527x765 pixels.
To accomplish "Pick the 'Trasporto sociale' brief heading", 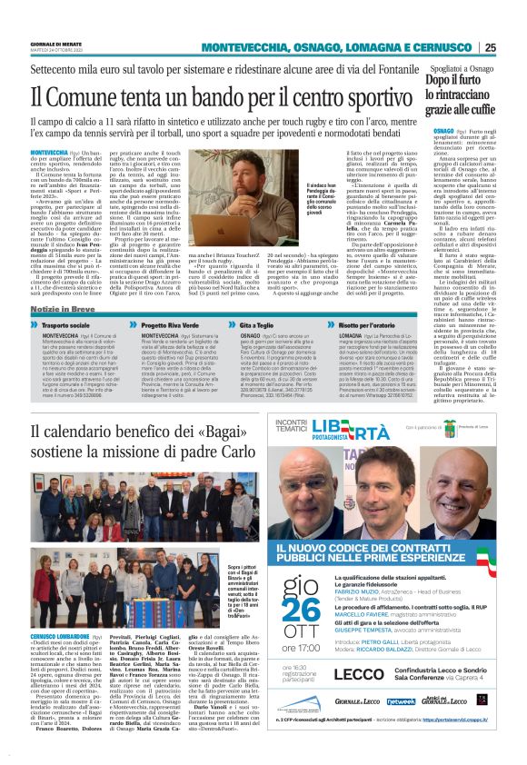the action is pyautogui.click(x=71, y=325).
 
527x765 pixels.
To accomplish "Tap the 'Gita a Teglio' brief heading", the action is pyautogui.click(x=307, y=325).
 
